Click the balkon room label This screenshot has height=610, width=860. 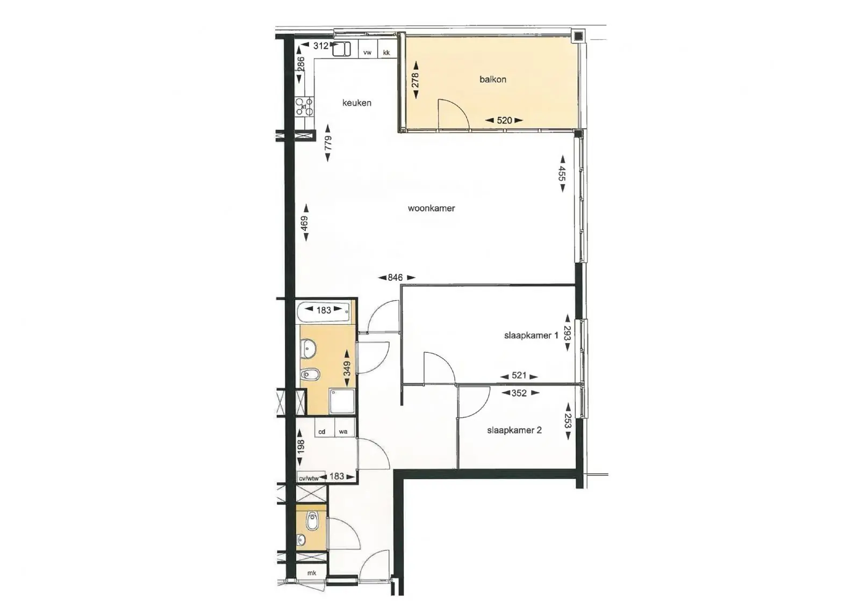(492, 79)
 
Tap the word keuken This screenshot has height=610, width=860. (357, 103)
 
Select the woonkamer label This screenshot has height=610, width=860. (431, 208)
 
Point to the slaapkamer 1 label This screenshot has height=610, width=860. (531, 336)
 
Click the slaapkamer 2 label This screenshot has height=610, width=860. (514, 431)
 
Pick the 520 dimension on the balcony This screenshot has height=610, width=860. (504, 120)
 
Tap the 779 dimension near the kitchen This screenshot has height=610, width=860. (327, 143)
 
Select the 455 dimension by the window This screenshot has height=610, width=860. (562, 173)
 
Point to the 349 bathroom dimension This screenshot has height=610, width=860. (347, 368)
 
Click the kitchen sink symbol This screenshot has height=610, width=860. (341, 49)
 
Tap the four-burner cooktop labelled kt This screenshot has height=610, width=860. (304, 107)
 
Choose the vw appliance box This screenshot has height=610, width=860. (368, 49)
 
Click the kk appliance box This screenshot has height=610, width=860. (386, 49)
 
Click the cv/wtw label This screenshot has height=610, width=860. (309, 478)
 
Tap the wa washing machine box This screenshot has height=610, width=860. (343, 428)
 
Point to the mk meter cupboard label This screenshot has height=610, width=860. (312, 573)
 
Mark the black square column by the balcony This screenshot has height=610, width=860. (578, 37)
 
